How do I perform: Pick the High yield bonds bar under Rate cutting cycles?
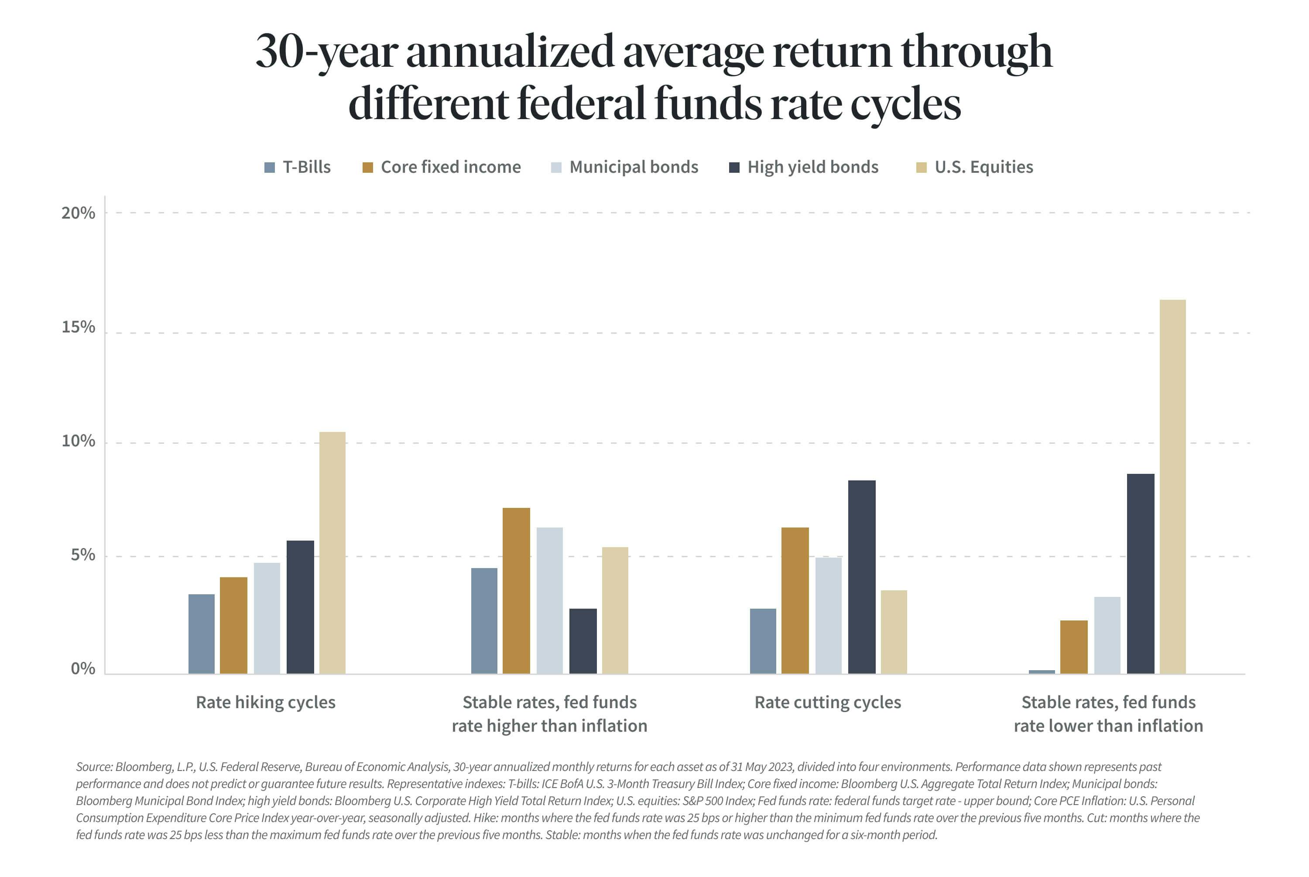861,577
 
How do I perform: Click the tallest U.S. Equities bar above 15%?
1172,486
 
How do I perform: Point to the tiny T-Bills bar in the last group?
1041,671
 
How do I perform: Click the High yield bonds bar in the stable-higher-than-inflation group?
583,641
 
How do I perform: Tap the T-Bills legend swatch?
270,167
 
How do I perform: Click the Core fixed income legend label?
450,167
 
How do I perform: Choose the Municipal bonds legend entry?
633,167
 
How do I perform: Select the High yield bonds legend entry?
812,167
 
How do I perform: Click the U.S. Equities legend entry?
983,167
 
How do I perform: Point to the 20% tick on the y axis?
78,213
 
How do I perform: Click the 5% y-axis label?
83,555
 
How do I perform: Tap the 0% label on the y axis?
83,669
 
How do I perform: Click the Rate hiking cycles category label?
266,702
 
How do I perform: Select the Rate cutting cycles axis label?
828,702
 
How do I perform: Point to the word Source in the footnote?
93,767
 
